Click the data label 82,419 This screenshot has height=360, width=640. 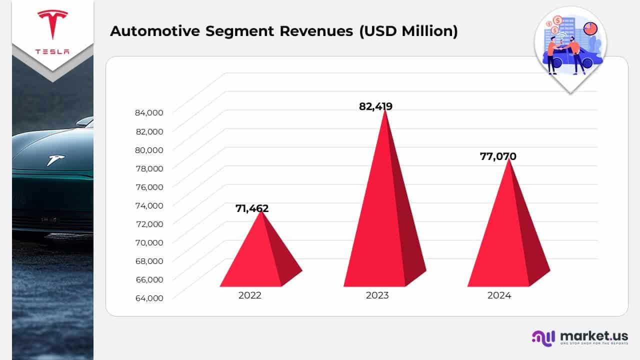(x=375, y=106)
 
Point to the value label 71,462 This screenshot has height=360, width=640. (x=252, y=208)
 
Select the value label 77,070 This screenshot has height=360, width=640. (x=498, y=156)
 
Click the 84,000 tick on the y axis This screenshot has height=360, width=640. (x=149, y=113)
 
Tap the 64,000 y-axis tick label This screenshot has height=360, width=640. (x=149, y=298)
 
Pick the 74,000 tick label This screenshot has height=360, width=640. (x=149, y=205)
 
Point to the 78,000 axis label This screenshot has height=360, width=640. (x=149, y=168)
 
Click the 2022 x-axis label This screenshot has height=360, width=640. (x=249, y=295)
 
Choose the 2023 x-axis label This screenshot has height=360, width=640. (x=377, y=295)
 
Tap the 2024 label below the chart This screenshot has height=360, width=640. (x=499, y=295)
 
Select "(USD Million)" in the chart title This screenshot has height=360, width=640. (x=407, y=31)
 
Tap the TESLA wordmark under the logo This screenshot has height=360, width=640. (x=52, y=52)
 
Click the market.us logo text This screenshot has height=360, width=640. (x=593, y=335)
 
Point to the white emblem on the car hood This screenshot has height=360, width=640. (x=55, y=160)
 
